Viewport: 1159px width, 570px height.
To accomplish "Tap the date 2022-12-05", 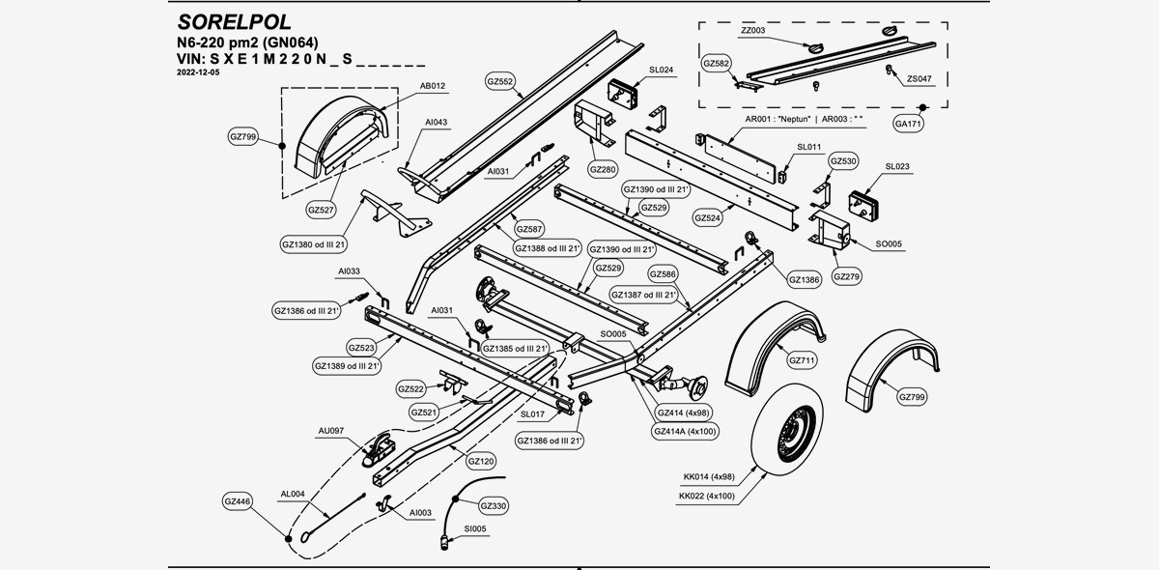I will [x=199, y=73].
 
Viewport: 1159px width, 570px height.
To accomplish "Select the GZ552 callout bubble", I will [x=500, y=82].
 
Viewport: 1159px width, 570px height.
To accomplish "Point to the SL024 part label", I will [x=662, y=71].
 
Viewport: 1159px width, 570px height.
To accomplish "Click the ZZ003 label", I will [x=753, y=31].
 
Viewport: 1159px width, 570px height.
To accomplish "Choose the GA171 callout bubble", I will [x=909, y=124].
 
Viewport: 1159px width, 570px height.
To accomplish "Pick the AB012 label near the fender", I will [x=433, y=86].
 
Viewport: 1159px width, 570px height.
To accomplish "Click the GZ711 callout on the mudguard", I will [x=803, y=360].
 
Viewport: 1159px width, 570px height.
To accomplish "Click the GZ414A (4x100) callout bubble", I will [x=685, y=431].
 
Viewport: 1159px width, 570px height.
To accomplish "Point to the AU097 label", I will [x=331, y=430].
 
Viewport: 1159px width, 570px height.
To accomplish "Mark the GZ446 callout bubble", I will [x=238, y=502].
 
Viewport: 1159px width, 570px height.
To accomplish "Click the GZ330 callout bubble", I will [x=494, y=505].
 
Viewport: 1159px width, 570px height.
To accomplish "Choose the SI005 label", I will [x=475, y=528].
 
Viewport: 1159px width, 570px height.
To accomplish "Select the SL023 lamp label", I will [x=897, y=167].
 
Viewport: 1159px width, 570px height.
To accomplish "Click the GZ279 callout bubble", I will [x=851, y=276].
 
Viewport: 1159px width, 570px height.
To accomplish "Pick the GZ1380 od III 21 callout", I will [x=314, y=245].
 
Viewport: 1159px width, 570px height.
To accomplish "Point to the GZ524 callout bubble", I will [x=708, y=218].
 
